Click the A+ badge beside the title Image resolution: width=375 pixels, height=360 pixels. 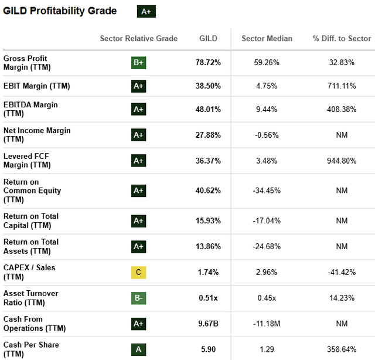tap(146, 11)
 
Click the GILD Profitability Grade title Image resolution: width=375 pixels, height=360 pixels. tap(60, 11)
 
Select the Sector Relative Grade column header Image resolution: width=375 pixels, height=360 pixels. tap(138, 39)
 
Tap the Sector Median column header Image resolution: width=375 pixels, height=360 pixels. tap(267, 39)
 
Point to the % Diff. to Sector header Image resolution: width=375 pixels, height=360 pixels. tap(342, 39)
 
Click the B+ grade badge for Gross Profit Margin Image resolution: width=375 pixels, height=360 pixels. tap(138, 63)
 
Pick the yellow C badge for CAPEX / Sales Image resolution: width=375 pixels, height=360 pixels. tap(138, 272)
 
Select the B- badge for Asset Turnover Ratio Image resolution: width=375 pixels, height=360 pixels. tap(138, 298)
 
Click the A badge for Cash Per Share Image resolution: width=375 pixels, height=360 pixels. tap(138, 349)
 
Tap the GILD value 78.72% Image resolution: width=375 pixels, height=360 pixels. tap(208, 63)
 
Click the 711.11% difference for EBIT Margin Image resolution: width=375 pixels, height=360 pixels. tap(342, 86)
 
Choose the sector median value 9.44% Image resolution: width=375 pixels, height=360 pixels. tap(267, 109)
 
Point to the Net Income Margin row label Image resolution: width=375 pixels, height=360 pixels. tap(36, 135)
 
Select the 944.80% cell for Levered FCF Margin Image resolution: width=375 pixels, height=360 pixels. tap(342, 161)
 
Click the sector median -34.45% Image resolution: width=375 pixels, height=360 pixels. tap(267, 191)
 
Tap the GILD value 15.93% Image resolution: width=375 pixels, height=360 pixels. tap(208, 220)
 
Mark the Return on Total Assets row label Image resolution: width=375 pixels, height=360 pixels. tap(31, 246)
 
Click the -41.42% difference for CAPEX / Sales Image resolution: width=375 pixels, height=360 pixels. tap(342, 272)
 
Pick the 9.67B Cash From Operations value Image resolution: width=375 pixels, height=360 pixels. tap(208, 324)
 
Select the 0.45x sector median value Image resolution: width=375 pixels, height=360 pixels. tap(267, 298)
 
